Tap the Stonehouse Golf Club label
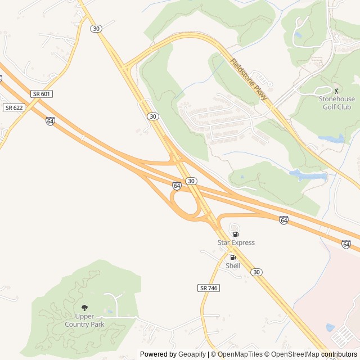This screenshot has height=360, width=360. coord(337,103)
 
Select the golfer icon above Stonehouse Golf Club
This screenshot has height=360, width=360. coord(337,90)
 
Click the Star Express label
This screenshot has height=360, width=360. coord(236,243)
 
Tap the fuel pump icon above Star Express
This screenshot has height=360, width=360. coord(236,234)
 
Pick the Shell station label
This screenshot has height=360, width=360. coord(233,265)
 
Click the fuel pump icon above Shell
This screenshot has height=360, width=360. coord(233,257)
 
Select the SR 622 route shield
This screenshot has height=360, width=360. coord(13,107)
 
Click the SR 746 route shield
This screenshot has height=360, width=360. coord(209,287)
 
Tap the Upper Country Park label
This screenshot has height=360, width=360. coord(85,321)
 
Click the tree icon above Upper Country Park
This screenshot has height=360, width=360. coord(85,308)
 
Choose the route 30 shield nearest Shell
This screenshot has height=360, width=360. coord(256,272)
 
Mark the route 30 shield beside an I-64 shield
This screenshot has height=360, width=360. coord(192,181)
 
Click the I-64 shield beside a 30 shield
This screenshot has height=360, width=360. coord(177,185)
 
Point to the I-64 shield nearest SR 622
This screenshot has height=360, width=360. coord(51,121)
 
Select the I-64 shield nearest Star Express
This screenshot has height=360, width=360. coord(283,219)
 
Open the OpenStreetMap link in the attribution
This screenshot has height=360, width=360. coord(292,354)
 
